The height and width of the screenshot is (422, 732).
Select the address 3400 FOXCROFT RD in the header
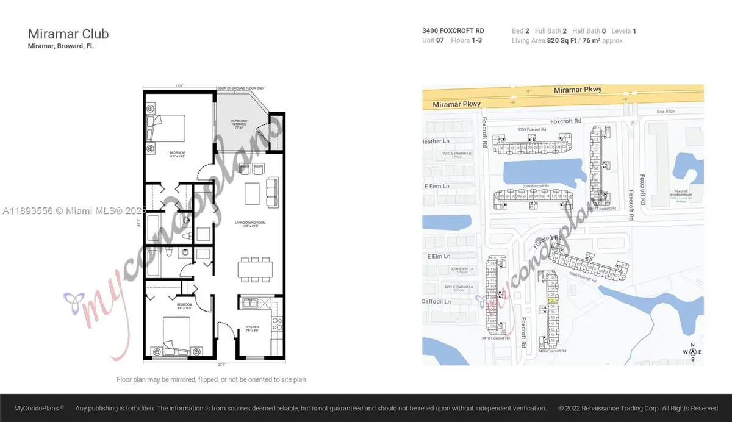[x=452, y=30]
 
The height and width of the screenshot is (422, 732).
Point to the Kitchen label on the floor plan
[x=253, y=327]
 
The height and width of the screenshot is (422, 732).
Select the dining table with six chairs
[x=254, y=268]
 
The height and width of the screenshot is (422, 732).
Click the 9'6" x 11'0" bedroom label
[x=184, y=306]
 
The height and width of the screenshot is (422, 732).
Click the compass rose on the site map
[x=692, y=352]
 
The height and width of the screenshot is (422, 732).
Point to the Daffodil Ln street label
[x=439, y=301]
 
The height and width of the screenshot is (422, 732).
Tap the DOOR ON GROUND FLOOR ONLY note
[x=242, y=88]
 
